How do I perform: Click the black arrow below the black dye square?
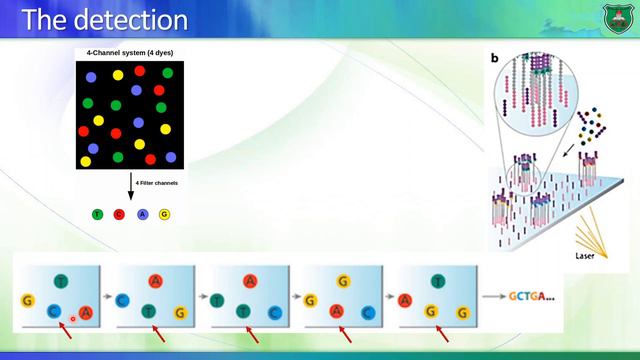pos(130,186)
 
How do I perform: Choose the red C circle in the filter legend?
pos(120,214)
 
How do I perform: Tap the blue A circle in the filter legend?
pos(143,214)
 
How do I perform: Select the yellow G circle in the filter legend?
pos(165,214)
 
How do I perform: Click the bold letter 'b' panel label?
pos(494,58)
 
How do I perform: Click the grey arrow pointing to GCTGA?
pos(491,297)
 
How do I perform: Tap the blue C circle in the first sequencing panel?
pos(56,312)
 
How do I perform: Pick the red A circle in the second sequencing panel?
pos(155,282)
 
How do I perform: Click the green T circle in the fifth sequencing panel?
pos(437,282)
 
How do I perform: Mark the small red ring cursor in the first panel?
pos(73,318)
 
